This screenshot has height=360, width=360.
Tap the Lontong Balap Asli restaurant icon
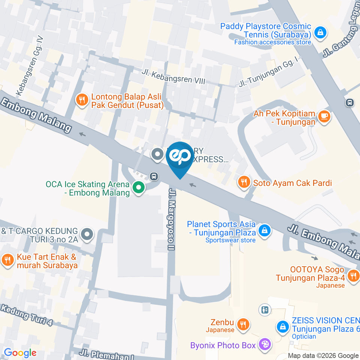pos(82,100)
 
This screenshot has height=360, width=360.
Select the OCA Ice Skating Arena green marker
pos(139,188)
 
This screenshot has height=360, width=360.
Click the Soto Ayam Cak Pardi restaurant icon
pos(244,183)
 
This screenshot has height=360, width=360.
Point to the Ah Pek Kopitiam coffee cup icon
pos(324,117)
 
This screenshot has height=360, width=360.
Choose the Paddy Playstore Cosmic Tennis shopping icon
pos(321,32)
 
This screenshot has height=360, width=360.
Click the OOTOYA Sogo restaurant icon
pos(352,276)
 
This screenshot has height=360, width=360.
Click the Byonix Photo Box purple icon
pos(265,344)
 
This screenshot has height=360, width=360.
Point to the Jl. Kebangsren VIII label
pos(174,76)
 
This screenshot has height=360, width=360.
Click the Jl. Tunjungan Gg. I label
pos(270,72)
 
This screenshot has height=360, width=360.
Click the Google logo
pos(20,352)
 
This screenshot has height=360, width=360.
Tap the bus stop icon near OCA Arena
pos(153,176)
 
